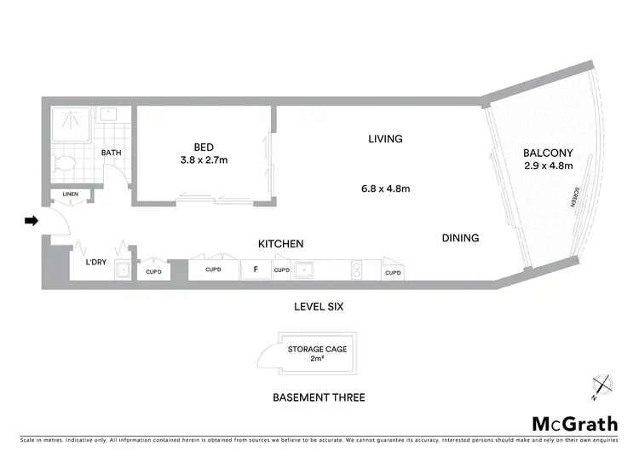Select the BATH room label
click(112, 154)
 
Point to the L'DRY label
click(95, 263)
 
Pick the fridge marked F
click(255, 270)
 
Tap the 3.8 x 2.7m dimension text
click(204, 159)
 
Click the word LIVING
click(384, 138)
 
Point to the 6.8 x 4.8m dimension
click(384, 189)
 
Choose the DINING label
click(460, 238)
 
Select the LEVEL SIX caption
click(317, 306)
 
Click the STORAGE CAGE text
click(317, 349)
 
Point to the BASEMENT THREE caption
click(319, 397)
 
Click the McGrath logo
click(575, 424)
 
